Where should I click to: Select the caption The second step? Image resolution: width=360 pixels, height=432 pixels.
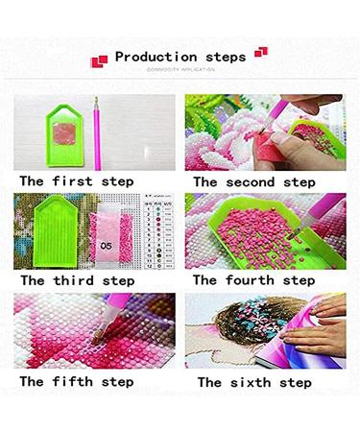[253, 180]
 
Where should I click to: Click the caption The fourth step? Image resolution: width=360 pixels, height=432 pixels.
[253, 280]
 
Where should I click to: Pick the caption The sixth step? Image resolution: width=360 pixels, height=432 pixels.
[253, 381]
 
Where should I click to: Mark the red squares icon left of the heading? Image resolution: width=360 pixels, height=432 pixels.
[98, 60]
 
